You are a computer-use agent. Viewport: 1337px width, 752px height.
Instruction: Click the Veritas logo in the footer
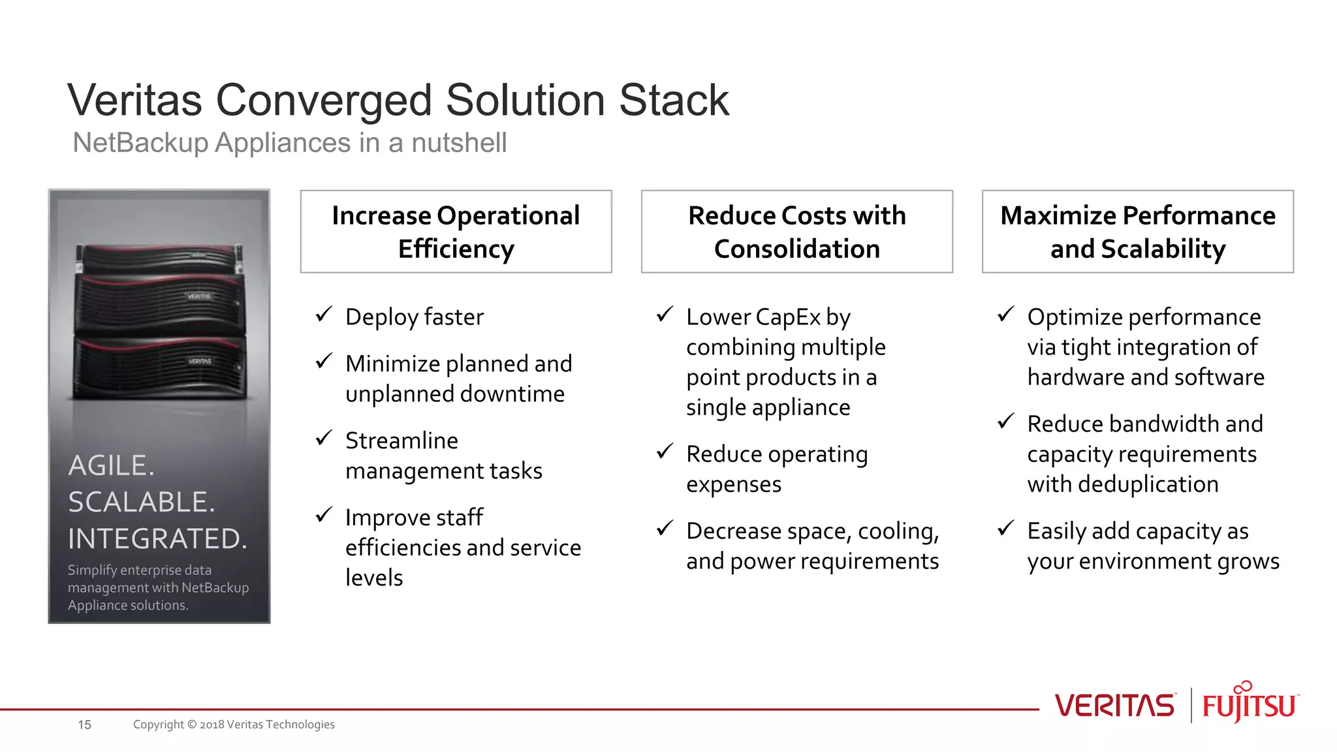coord(1114,706)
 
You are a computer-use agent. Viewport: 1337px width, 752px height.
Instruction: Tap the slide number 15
coord(84,725)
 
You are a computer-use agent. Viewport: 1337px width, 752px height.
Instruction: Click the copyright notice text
coord(234,725)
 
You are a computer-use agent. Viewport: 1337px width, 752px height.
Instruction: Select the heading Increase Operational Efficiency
coord(456,232)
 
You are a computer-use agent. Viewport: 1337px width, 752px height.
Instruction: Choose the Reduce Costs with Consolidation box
coord(796,232)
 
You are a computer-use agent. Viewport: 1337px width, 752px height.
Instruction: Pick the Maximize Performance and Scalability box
coord(1137,232)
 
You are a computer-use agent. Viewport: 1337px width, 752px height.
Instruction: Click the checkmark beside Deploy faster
coord(324,315)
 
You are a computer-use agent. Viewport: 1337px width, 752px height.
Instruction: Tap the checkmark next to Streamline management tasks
coord(324,438)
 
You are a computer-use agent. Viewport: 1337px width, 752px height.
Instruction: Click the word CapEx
coord(789,317)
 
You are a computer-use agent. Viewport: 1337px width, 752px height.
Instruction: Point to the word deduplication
coord(1148,484)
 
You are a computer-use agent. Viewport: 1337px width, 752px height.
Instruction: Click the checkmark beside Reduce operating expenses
coord(665,452)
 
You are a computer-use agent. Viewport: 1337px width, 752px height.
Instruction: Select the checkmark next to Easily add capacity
coord(1006,528)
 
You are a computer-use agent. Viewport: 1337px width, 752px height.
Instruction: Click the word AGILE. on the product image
coord(112,465)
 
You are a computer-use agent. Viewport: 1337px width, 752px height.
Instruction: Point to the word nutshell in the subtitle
coord(458,143)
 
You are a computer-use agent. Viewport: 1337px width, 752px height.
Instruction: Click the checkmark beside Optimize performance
coord(1006,315)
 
